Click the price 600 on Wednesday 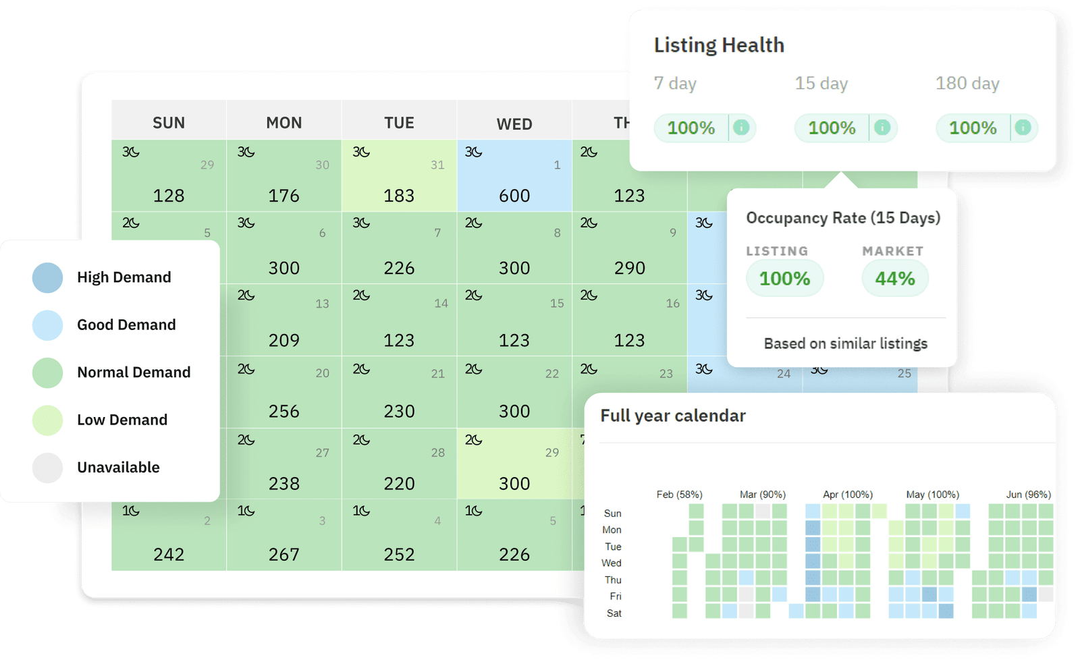tap(514, 196)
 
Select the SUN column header tap(169, 123)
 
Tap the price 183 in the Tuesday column tap(399, 196)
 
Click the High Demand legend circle tap(47, 277)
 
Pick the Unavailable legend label tap(118, 467)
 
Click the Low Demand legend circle tap(47, 420)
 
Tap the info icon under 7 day tap(741, 128)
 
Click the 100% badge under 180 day tap(973, 128)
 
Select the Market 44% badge tap(895, 278)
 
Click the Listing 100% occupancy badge tap(784, 278)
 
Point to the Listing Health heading tap(719, 45)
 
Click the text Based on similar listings tap(845, 343)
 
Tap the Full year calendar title tap(673, 416)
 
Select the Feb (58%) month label tap(679, 495)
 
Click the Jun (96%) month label tap(1028, 495)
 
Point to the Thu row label tap(613, 580)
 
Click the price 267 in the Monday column tap(283, 555)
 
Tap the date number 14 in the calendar tap(441, 304)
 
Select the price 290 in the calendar tap(629, 268)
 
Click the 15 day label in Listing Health tap(821, 84)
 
